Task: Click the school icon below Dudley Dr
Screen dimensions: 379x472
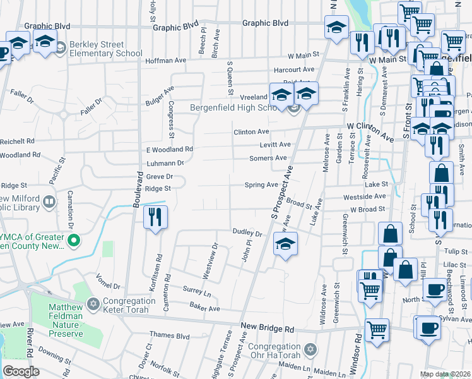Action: click(x=285, y=243)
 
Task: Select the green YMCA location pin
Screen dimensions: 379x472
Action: click(x=74, y=240)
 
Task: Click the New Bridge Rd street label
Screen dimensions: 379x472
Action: click(x=268, y=329)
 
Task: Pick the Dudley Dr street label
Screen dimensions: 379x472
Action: click(x=247, y=232)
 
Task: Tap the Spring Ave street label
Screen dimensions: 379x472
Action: click(x=261, y=185)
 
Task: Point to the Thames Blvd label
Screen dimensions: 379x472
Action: click(x=169, y=335)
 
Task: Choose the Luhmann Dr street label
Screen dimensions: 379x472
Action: click(x=165, y=163)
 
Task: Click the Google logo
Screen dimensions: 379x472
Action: click(x=21, y=371)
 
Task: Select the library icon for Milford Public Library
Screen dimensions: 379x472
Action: click(x=49, y=203)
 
